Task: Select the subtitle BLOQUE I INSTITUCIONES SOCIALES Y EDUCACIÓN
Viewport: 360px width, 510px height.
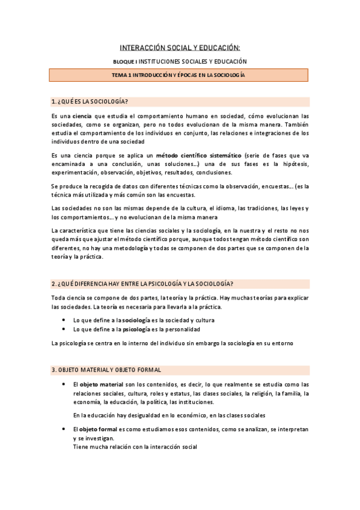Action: click(x=180, y=62)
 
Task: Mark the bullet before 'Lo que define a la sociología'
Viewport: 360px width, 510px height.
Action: click(x=64, y=321)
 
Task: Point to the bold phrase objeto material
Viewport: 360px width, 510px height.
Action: click(x=102, y=384)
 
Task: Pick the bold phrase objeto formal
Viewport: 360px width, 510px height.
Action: click(x=100, y=430)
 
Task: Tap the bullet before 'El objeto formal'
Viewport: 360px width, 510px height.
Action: click(x=64, y=430)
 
